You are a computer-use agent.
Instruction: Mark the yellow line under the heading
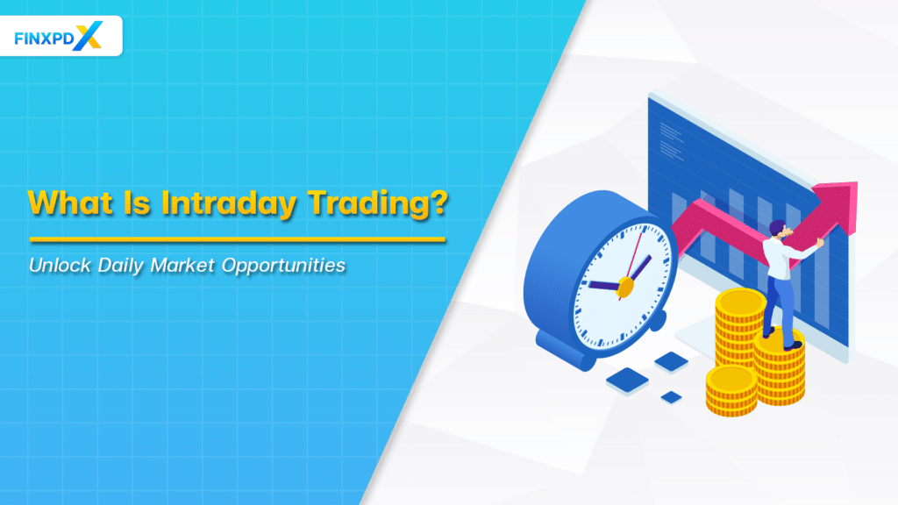coord(237,238)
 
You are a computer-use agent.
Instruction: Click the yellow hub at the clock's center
coord(625,286)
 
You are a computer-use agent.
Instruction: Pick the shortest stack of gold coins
coord(731,390)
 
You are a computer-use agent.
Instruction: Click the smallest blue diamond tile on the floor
coord(671,396)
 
